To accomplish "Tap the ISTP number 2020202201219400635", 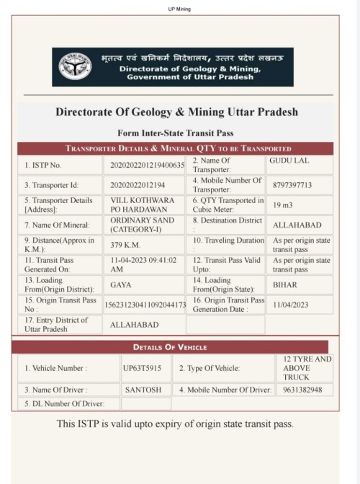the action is coord(148,166).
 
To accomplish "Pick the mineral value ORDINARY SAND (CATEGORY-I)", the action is coord(137,224).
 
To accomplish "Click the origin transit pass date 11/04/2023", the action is coord(290,305).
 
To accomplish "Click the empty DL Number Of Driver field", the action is coord(145,404).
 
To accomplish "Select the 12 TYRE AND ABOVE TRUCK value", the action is coord(304,368).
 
